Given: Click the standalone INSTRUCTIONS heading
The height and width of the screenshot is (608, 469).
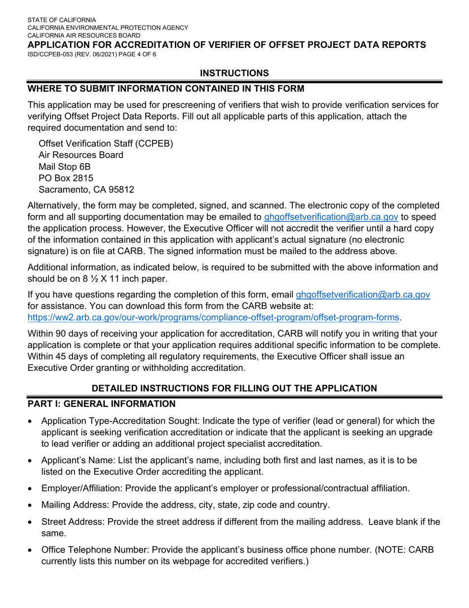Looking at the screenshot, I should point(234,73).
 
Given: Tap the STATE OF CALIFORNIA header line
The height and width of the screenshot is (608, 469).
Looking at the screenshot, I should point(62,20).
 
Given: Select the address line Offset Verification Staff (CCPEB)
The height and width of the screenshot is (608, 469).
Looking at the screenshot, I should point(106,143).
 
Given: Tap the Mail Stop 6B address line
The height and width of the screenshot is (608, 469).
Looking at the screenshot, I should point(64,167).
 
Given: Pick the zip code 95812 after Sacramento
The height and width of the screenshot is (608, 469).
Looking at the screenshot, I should point(121,190).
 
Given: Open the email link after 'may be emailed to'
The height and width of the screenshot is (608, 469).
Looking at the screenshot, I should point(331,217).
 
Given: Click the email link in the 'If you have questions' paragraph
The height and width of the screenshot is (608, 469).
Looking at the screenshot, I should point(363,295).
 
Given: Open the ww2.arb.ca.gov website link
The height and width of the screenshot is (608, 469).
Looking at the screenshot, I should point(213,317).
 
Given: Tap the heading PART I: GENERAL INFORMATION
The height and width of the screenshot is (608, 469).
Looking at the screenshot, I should point(101,404).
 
